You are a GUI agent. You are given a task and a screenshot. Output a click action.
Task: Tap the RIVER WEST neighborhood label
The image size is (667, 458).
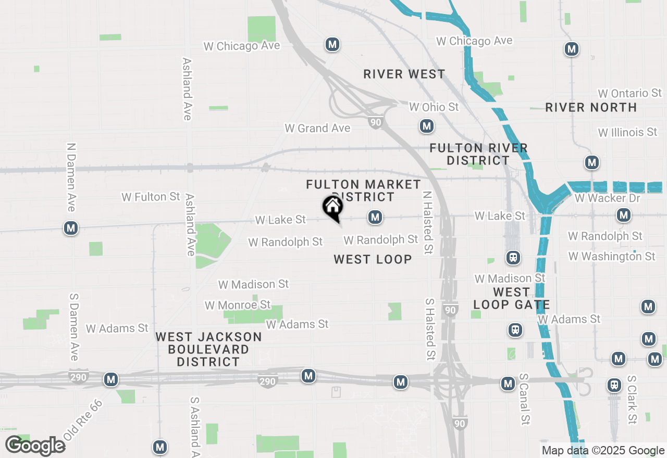pyautogui.click(x=404, y=74)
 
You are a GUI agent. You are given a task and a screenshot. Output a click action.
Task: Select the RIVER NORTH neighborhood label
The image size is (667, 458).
pyautogui.click(x=591, y=108)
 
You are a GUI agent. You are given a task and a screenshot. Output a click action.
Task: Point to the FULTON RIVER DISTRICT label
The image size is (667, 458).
pyautogui.click(x=478, y=155)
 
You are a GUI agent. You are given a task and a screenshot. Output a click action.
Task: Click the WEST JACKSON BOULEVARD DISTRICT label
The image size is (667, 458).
pyautogui.click(x=208, y=349)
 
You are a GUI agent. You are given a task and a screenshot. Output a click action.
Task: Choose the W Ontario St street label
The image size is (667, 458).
pyautogui.click(x=629, y=93)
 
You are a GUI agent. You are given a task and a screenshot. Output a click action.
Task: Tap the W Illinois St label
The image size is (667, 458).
pyautogui.click(x=627, y=132)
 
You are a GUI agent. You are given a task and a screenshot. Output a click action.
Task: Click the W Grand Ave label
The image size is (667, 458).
pyautogui.click(x=317, y=128)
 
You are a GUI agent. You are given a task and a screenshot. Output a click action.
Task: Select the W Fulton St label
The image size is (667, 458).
pyautogui.click(x=151, y=197)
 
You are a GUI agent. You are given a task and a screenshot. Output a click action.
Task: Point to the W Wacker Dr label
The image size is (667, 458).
pyautogui.click(x=607, y=198)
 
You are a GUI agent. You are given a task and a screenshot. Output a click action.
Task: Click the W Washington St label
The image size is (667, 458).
pyautogui.click(x=611, y=256)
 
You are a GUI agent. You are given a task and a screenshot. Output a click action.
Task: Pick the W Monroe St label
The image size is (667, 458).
pyautogui.click(x=238, y=304)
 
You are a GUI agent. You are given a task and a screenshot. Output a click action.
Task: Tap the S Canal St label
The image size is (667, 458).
pyautogui.click(x=524, y=398)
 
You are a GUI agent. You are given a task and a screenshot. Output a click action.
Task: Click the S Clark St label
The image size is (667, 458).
pyautogui.click(x=632, y=400)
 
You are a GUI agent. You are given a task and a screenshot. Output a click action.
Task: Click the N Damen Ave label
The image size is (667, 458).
pyautogui.click(x=71, y=177)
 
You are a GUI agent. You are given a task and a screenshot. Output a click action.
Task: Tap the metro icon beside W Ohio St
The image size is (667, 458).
pyautogui.click(x=427, y=126)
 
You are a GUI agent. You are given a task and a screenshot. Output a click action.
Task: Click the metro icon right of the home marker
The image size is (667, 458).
pyautogui.click(x=375, y=217)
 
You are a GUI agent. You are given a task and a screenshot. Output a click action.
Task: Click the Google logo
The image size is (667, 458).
pyautogui.click(x=35, y=446)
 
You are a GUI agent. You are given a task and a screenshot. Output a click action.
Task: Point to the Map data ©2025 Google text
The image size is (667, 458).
pyautogui.click(x=603, y=451)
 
